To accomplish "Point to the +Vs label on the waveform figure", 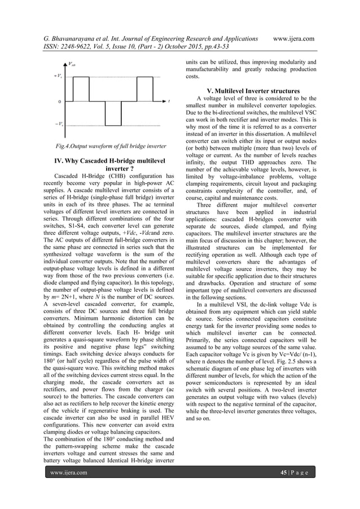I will (x=58, y=75).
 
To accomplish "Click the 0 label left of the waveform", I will (x=60, y=102).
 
